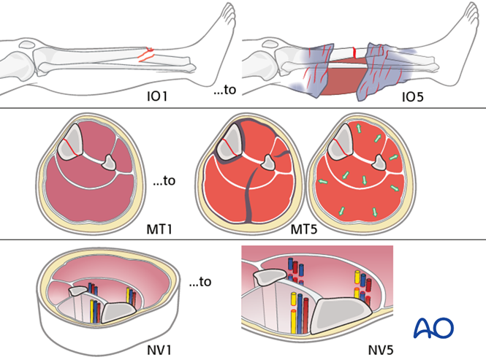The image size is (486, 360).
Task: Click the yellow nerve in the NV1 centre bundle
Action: [x=93, y=310]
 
